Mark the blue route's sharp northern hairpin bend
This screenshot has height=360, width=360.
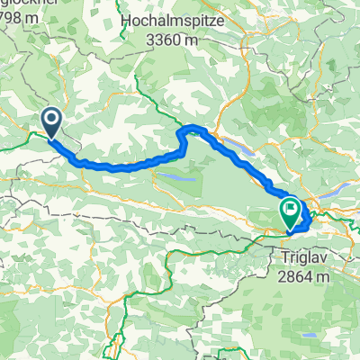[x=187, y=133]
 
